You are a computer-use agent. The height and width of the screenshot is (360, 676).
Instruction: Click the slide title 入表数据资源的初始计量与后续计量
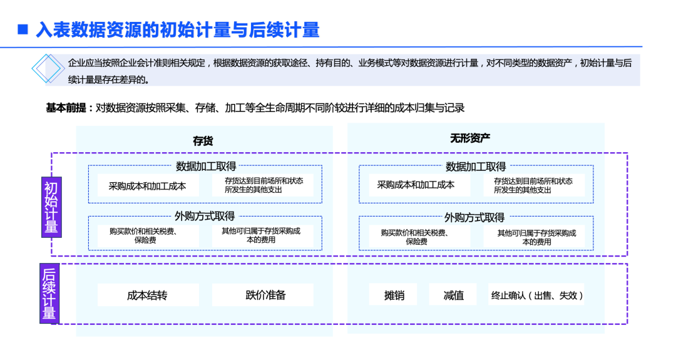[178, 29]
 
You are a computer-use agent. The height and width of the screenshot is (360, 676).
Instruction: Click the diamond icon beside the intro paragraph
[47, 69]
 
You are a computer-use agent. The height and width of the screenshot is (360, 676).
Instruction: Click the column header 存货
[203, 141]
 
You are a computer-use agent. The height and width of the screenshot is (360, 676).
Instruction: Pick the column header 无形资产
[470, 138]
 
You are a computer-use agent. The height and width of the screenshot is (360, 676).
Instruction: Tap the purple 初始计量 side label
[51, 207]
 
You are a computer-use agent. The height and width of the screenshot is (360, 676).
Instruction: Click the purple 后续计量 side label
[49, 294]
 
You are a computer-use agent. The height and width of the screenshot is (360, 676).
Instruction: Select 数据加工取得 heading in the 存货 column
[205, 166]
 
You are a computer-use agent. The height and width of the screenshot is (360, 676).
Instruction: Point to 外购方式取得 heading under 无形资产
[474, 217]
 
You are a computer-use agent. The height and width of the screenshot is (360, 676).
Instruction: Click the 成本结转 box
[148, 295]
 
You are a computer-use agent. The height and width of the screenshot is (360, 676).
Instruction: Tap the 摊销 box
[394, 295]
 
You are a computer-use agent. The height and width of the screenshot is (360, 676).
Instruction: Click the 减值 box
[453, 295]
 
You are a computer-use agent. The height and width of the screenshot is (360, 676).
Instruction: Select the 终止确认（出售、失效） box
[536, 295]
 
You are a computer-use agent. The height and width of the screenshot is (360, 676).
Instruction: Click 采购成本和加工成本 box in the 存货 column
[148, 185]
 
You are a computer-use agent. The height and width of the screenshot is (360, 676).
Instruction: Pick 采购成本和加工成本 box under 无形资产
[416, 185]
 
